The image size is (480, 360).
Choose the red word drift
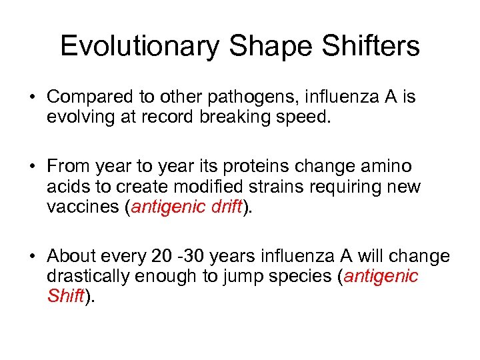[x=225, y=207]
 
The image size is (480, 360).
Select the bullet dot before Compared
[x=32, y=98]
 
